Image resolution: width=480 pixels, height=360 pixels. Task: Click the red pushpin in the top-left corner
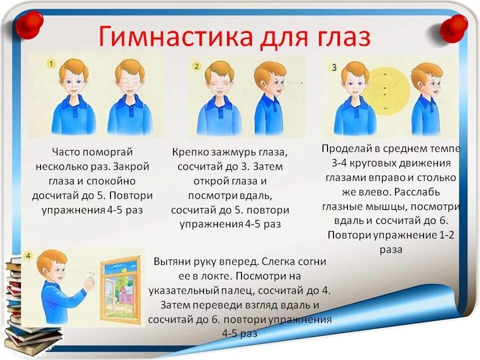pos(28,23)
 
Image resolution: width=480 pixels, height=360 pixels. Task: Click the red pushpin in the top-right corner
pos(453,27)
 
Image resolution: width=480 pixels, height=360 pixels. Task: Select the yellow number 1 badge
pos(51,63)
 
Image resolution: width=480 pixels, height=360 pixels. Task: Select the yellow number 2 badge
pos(196,66)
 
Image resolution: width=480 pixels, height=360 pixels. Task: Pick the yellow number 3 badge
pos(333,66)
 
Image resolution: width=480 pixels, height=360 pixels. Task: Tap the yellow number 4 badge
pos(28,256)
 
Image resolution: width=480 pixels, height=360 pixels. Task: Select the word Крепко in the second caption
pos(192,151)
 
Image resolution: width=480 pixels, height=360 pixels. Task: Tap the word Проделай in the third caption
pos(345,148)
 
